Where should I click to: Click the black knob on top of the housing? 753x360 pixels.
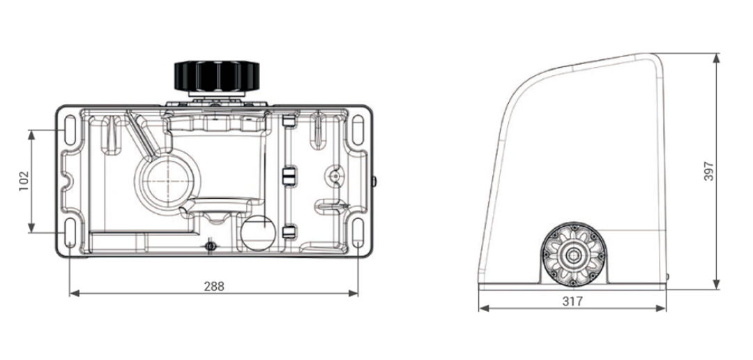click(217, 75)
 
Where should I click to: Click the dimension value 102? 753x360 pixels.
click(24, 181)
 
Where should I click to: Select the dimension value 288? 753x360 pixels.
click(214, 287)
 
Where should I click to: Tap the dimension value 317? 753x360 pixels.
click(572, 301)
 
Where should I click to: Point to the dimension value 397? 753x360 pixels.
click(709, 171)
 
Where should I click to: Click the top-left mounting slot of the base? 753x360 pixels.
click(70, 130)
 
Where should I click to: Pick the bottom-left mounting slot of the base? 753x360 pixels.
click(70, 232)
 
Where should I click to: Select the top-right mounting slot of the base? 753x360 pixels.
click(358, 130)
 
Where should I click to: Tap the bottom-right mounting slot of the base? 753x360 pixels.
click(358, 232)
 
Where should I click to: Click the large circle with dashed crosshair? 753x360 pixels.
click(169, 181)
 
